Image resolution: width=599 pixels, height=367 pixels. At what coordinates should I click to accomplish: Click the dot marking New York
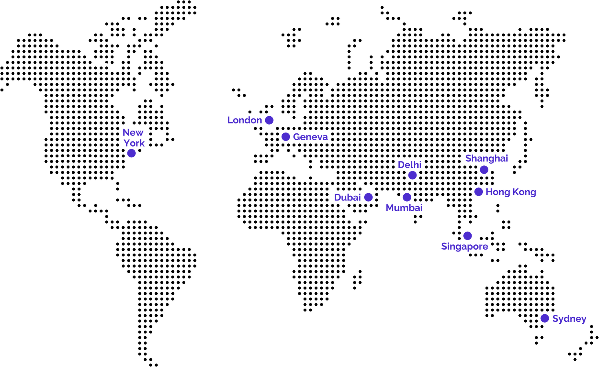tap(131, 153)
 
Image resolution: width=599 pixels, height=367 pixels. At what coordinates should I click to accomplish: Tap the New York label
tap(133, 137)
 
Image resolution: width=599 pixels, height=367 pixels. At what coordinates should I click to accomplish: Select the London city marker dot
tap(269, 120)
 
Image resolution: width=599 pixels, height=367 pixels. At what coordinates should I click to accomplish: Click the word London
tap(244, 120)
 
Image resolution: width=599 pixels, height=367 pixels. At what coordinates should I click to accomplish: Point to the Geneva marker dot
tap(286, 137)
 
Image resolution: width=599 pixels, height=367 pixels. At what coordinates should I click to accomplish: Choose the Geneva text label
tap(310, 137)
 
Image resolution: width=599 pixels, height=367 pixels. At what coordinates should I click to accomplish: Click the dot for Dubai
tap(368, 197)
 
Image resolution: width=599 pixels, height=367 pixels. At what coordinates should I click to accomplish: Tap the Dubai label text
tap(347, 197)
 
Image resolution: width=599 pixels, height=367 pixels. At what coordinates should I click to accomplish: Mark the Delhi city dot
tap(413, 175)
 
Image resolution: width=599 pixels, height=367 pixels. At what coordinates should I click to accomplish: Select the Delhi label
tap(410, 165)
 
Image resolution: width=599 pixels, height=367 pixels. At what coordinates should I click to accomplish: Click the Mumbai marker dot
tap(407, 197)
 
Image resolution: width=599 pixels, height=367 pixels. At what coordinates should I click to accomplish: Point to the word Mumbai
tap(404, 208)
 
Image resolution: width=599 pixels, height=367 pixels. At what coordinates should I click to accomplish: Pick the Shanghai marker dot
tap(484, 170)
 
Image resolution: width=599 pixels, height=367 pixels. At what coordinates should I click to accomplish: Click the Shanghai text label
tap(486, 159)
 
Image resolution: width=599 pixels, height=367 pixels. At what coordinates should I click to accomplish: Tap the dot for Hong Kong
tap(478, 192)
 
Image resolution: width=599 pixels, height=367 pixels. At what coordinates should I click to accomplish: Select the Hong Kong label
tap(510, 192)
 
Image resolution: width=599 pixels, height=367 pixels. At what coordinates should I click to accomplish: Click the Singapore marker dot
tap(468, 236)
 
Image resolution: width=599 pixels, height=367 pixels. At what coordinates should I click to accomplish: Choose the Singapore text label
tap(464, 246)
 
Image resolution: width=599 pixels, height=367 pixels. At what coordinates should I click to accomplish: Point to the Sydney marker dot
tap(545, 318)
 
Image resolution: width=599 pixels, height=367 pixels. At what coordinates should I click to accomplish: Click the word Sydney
tap(569, 319)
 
